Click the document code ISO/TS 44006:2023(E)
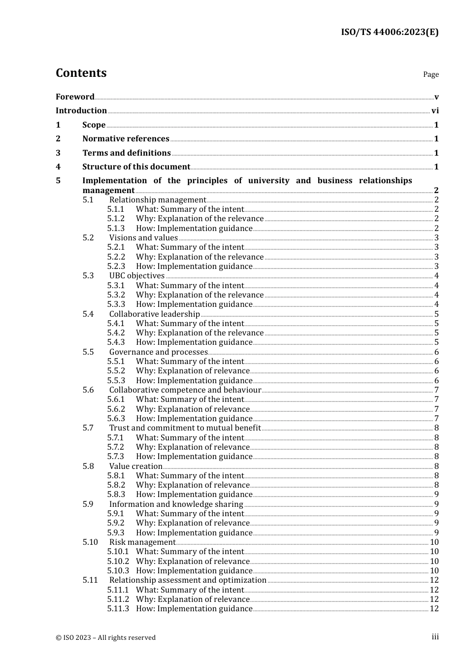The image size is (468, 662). [390, 32]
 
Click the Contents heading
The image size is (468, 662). [81, 73]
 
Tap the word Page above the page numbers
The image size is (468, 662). [431, 74]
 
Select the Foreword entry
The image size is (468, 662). [75, 97]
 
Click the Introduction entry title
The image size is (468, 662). [81, 111]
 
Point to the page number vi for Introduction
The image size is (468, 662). [435, 111]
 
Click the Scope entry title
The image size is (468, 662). [94, 125]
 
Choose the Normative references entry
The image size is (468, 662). [126, 139]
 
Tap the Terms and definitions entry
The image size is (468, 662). [127, 153]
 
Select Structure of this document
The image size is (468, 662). [136, 167]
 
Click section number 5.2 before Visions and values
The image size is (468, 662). [88, 238]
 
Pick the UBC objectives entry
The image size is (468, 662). [137, 276]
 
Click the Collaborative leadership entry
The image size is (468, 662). [155, 314]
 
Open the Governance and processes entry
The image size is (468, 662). [158, 352]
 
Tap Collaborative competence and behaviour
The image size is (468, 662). [185, 390]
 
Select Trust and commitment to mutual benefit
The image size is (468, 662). [185, 428]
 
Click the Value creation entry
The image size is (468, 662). [136, 466]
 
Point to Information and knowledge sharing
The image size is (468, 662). [176, 504]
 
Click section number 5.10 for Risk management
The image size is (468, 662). [90, 542]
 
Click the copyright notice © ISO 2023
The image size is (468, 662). [105, 637]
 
